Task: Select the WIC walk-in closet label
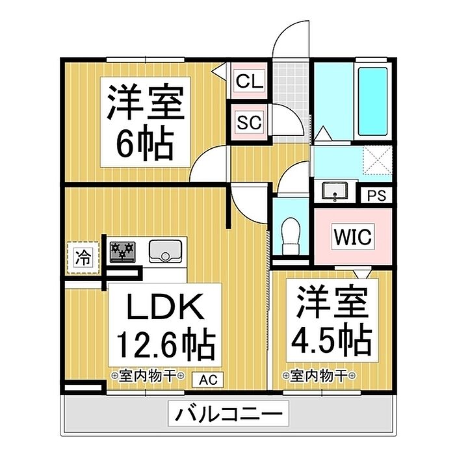pyautogui.click(x=354, y=236)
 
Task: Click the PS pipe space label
pyautogui.click(x=375, y=195)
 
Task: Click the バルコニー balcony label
pyautogui.click(x=227, y=412)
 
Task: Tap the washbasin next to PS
pyautogui.click(x=335, y=191)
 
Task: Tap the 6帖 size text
pyautogui.click(x=144, y=143)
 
